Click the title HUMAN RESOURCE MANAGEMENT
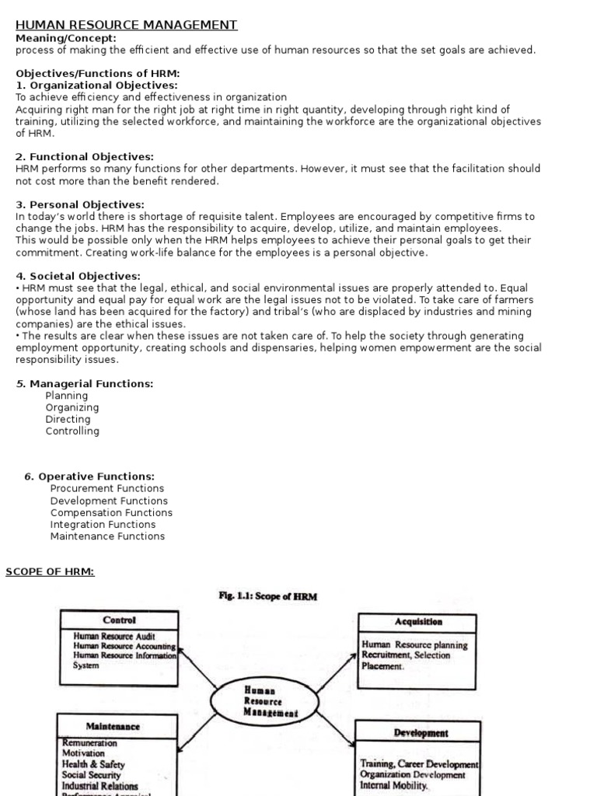(x=127, y=25)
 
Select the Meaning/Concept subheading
(x=66, y=37)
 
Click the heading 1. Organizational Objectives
(x=96, y=85)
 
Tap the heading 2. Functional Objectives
(x=85, y=156)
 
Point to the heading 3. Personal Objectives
(x=80, y=204)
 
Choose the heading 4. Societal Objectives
(x=79, y=275)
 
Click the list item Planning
(x=67, y=396)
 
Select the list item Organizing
(x=72, y=407)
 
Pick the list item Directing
(x=68, y=419)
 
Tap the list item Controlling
(x=72, y=431)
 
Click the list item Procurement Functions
(x=107, y=488)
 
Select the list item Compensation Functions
(x=111, y=512)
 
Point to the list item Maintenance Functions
(x=107, y=536)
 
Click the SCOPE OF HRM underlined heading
(x=50, y=571)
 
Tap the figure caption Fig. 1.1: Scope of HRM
(x=268, y=596)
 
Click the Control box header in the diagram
(x=119, y=620)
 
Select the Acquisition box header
(x=417, y=621)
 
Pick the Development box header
(x=421, y=732)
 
